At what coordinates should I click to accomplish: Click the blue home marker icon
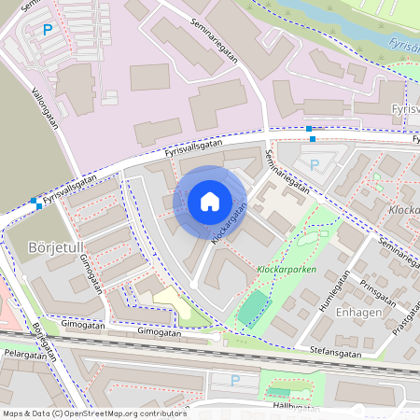tap(210, 202)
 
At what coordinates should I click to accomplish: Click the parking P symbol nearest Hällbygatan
tap(235, 380)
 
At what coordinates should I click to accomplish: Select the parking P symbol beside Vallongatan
tap(48, 30)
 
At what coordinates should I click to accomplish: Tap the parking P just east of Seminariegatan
tap(315, 164)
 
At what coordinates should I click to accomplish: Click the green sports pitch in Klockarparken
tap(249, 307)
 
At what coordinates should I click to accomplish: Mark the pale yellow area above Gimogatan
tap(171, 303)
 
